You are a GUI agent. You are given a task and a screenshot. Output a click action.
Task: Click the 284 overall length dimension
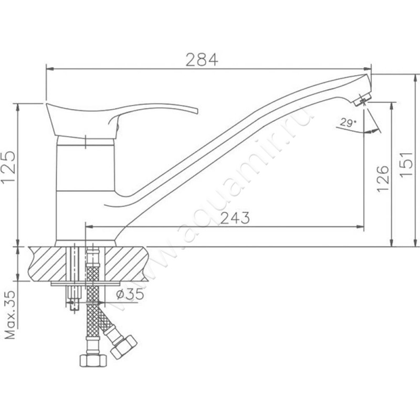coord(202,60)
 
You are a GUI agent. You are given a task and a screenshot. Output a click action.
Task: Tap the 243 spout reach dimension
coord(235,218)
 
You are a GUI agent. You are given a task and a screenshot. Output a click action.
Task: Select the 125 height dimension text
coord(8,166)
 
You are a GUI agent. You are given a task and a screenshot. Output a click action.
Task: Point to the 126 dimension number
coord(383,178)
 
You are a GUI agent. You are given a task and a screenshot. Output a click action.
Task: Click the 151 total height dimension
coord(406,164)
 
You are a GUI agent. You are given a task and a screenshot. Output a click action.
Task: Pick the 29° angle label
coord(348,123)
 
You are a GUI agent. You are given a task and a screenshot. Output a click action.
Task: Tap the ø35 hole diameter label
coord(130,294)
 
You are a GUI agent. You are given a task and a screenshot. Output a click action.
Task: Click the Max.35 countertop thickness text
coord(10,315)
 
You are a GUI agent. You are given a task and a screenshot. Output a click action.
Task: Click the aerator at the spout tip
coord(362,99)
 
